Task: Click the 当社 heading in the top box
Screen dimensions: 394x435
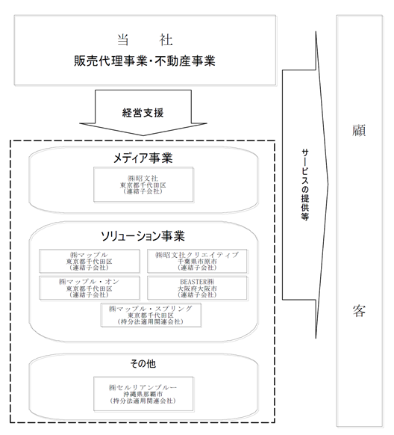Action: tap(145, 40)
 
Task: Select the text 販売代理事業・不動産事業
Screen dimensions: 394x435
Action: tap(145, 61)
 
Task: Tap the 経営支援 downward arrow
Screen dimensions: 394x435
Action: tap(143, 113)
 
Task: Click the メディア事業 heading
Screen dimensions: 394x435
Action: tap(143, 158)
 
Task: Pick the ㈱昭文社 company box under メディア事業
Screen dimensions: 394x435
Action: tap(143, 185)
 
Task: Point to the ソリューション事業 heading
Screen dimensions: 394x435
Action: tap(143, 236)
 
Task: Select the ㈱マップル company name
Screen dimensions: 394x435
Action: tap(89, 255)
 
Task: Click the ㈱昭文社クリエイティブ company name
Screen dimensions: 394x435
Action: tap(197, 255)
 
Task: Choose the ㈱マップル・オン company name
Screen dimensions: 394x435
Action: tap(89, 282)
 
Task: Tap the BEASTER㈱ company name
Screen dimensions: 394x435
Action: tap(197, 282)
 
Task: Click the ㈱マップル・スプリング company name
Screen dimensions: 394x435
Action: tap(151, 309)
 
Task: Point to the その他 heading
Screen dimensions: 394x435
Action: tap(143, 363)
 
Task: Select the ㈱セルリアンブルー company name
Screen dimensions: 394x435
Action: tap(143, 387)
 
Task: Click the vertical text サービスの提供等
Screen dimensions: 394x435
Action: tap(305, 185)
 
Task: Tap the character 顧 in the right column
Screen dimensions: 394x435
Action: tap(359, 130)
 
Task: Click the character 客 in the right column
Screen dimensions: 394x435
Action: tap(359, 311)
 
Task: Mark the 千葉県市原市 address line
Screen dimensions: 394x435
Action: tap(197, 262)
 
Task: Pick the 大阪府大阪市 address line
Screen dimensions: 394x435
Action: tap(197, 289)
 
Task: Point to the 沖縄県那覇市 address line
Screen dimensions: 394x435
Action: tap(143, 394)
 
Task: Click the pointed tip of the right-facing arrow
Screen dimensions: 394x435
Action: tap(328, 185)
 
